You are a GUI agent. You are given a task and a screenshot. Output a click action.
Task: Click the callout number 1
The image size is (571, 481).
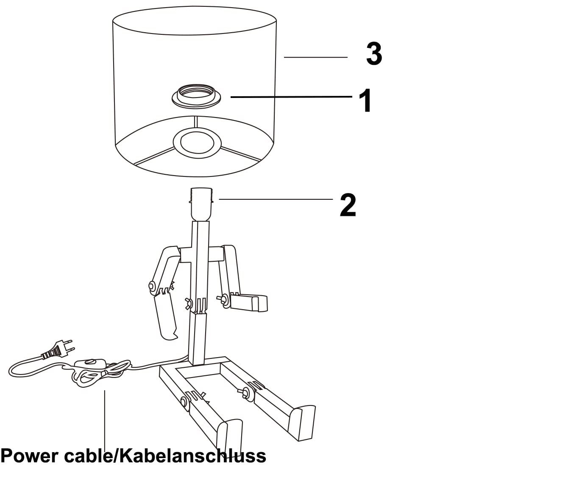365,101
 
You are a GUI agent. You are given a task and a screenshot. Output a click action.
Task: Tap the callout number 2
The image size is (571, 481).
348,205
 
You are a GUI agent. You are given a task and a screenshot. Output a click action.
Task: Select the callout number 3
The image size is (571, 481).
374,54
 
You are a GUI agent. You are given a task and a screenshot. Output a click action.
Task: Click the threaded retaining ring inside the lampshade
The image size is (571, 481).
197,95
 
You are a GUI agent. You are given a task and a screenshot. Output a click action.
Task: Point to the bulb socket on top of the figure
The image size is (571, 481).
201,204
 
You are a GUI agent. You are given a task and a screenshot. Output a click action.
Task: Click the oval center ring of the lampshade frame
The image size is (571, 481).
197,142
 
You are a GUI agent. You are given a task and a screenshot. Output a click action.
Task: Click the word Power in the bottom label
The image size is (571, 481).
30,456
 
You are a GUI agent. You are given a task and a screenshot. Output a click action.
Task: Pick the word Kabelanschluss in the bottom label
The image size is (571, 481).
191,456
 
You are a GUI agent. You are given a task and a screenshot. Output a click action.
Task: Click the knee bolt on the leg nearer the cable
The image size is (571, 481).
185,401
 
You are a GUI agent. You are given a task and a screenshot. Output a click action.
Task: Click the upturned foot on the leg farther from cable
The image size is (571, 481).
303,422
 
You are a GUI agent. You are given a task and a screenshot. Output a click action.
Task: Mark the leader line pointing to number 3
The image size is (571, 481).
315,57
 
